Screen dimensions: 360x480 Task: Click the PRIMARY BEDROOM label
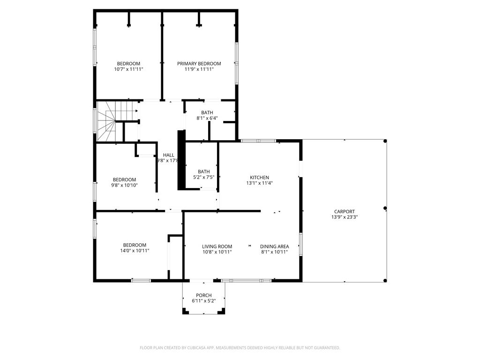199,64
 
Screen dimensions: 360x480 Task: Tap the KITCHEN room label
259,177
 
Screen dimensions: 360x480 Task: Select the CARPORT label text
344,211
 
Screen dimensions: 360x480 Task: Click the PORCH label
203,295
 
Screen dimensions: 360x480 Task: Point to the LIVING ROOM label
217,247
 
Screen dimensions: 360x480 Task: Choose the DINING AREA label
274,247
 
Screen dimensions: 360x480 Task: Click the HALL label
168,155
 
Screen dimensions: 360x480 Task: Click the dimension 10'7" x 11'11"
128,69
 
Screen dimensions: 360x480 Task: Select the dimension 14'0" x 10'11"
135,251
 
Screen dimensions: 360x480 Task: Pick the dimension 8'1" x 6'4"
207,118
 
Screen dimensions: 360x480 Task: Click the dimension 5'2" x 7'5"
204,177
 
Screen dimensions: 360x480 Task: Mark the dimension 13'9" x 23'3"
344,217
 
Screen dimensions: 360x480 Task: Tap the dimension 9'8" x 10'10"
124,185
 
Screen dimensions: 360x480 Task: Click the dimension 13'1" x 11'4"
259,183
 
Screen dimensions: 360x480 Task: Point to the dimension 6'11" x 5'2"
203,301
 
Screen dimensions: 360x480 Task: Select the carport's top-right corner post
385,141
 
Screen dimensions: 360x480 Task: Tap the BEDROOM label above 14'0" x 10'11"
135,245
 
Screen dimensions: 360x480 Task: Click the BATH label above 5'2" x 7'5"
204,172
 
